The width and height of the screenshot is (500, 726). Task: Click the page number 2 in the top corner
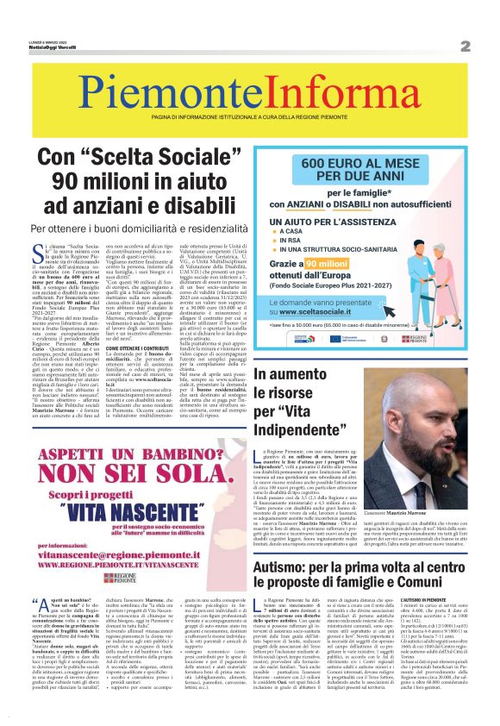click(465, 45)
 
